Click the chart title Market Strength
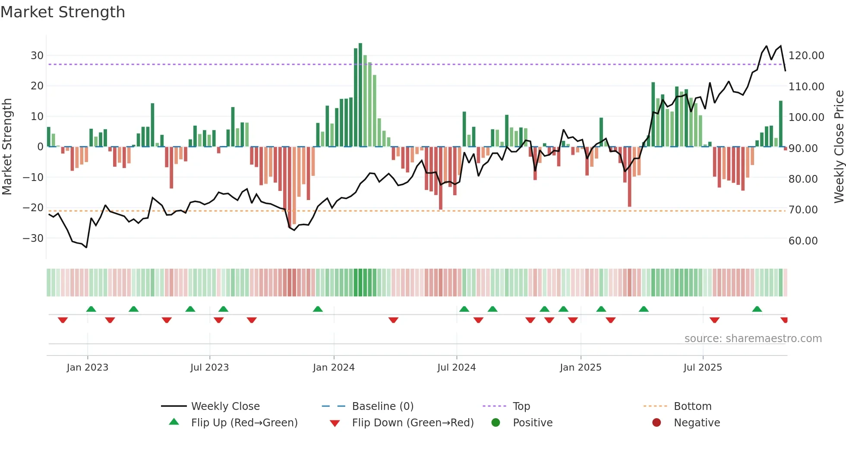click(x=63, y=12)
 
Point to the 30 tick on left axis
click(x=37, y=56)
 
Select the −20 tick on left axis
click(x=33, y=208)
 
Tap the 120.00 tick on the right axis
click(x=806, y=56)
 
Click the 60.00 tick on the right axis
click(x=803, y=241)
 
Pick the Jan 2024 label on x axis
click(x=333, y=368)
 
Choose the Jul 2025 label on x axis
click(x=702, y=368)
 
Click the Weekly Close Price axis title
click(x=839, y=147)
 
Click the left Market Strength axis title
click(x=7, y=147)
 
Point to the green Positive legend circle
click(x=496, y=423)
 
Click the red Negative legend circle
click(x=657, y=423)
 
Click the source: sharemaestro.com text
click(x=753, y=339)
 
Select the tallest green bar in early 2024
click(x=360, y=95)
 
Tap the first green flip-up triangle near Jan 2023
click(x=91, y=309)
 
